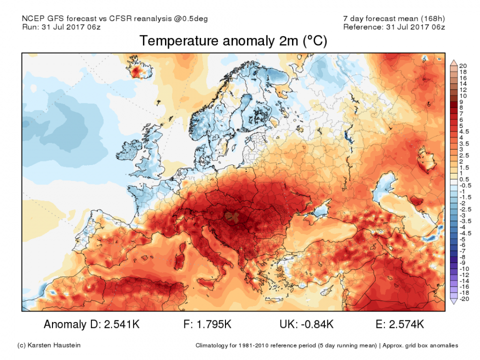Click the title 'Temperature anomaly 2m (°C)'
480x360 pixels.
(233, 41)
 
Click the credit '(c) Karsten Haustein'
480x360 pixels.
(48, 345)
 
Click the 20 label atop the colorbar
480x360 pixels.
(462, 66)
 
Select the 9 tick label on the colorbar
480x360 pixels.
(461, 101)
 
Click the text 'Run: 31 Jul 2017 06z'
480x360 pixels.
(61, 26)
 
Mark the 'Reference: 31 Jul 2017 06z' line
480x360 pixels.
(393, 26)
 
